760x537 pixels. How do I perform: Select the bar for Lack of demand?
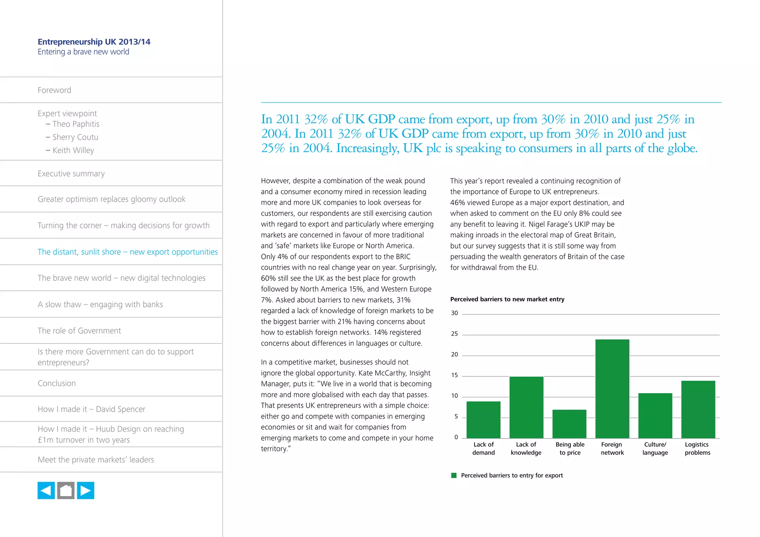point(483,419)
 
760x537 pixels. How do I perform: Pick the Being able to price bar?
point(569,424)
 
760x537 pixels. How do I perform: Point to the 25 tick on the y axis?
point(455,334)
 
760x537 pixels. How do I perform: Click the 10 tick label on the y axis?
point(455,396)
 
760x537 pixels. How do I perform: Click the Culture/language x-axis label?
point(655,448)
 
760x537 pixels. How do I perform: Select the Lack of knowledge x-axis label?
point(526,448)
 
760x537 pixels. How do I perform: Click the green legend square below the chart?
point(453,475)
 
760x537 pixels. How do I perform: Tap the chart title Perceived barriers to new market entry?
point(507,299)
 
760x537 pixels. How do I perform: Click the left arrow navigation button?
point(46,491)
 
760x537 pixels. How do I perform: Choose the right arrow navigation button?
point(85,491)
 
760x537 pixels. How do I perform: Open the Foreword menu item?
point(55,90)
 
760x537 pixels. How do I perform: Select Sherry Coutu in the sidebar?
point(75,137)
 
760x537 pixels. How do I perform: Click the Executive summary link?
point(71,174)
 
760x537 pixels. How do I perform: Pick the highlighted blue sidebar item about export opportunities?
point(128,252)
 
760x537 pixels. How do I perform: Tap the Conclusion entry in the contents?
point(57,383)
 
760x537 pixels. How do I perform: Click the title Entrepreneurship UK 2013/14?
point(94,42)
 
